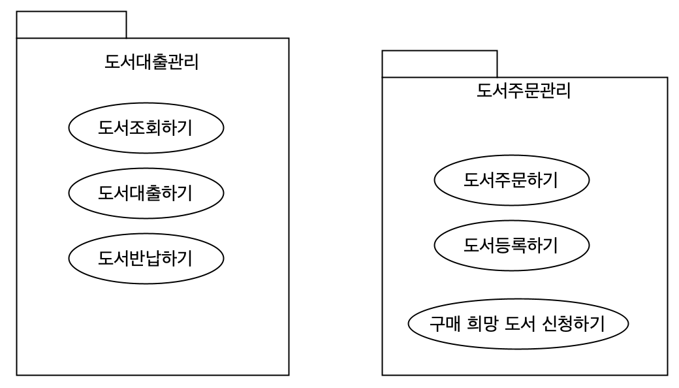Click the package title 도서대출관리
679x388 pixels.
click(x=151, y=63)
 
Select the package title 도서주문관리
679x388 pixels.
click(x=524, y=90)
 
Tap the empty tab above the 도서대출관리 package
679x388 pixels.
click(x=71, y=25)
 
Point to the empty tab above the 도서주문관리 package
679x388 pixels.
click(x=439, y=64)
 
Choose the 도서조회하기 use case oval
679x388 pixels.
click(x=146, y=128)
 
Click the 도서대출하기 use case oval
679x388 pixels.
click(x=146, y=193)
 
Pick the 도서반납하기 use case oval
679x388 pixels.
click(x=146, y=259)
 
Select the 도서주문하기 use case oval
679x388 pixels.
click(x=511, y=180)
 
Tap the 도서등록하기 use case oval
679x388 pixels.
click(x=511, y=246)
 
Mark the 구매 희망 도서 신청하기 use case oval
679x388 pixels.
click(x=518, y=324)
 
